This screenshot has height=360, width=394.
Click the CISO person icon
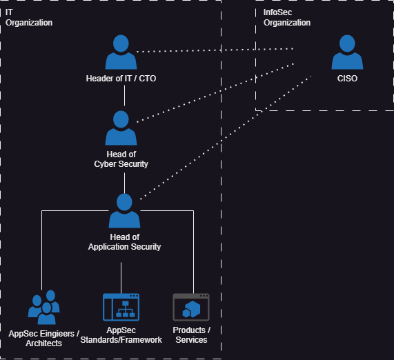point(347,52)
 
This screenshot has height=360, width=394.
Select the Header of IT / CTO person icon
point(121,52)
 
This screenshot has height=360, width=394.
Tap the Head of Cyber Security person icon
point(121,128)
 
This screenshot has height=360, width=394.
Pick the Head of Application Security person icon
point(124,210)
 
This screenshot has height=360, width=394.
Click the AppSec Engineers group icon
point(43,307)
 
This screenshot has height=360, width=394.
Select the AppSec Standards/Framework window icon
point(121,308)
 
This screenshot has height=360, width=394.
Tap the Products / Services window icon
point(191,308)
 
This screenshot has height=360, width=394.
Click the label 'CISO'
point(347,79)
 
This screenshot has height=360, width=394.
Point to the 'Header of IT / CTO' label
point(121,79)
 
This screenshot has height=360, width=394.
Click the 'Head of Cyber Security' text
point(121,159)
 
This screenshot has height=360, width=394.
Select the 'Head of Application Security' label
point(124,242)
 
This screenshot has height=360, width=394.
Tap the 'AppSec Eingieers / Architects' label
point(43,339)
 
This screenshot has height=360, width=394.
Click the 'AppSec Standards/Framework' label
point(121,335)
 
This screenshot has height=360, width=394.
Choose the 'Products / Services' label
point(191,335)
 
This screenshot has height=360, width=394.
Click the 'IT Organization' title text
point(29,17)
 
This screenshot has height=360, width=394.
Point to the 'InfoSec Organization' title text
point(287,17)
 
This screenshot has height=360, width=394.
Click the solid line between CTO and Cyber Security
point(124,95)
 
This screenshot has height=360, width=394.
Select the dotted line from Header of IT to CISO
point(215,50)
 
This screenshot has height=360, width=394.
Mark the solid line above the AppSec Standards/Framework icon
point(121,278)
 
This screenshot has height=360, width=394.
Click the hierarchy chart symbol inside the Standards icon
point(126,309)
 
